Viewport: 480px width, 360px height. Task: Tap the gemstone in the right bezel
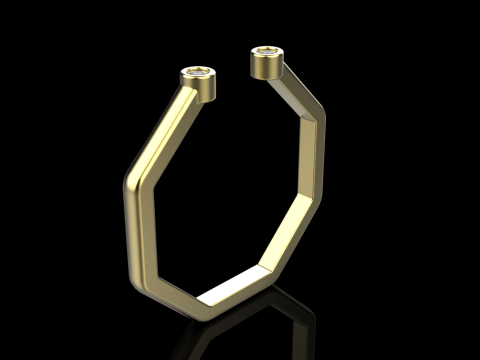267,50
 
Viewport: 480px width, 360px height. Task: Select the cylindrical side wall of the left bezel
201,87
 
